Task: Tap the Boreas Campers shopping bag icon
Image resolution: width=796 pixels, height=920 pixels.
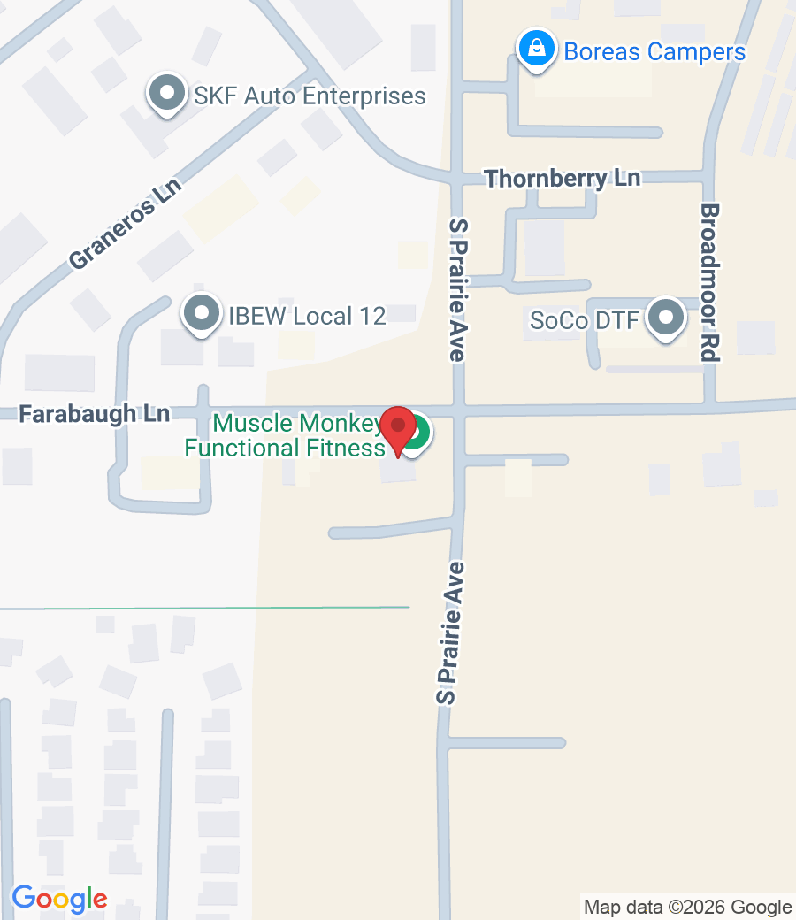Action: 536,50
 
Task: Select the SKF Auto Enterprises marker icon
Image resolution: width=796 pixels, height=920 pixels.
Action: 165,94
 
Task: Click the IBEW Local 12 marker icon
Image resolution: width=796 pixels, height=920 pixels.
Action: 201,313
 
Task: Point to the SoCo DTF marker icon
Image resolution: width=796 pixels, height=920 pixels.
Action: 665,318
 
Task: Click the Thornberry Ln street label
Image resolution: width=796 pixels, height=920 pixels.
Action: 563,178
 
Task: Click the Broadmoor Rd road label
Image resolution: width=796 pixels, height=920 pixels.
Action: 709,282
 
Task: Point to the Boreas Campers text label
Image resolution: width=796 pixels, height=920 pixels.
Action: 654,51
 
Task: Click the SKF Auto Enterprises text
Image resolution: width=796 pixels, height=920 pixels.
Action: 310,96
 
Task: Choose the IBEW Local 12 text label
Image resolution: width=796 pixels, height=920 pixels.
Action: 308,316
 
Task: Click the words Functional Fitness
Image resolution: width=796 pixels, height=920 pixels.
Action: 284,448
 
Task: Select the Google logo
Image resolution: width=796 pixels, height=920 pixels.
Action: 59,899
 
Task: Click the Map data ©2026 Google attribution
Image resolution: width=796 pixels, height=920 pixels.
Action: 688,907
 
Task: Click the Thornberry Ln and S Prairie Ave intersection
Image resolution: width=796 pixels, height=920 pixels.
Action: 456,179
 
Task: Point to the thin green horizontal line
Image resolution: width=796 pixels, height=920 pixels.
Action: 203,609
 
